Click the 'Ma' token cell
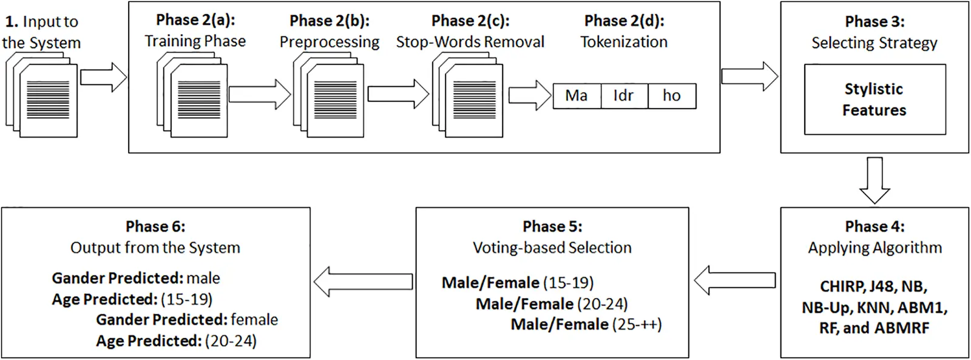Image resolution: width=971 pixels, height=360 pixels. pos(577,96)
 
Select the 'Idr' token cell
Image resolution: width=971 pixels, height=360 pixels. pos(624,96)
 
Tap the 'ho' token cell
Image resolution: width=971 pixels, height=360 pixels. pos(672,96)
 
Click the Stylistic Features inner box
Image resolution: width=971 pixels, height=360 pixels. pos(875,100)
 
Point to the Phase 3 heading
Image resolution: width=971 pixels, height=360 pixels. pos(875,22)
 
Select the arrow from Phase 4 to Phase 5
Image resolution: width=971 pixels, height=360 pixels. pos(735,280)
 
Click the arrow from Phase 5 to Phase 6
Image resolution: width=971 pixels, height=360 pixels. pos(363,282)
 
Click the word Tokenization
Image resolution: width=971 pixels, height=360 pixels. pos(624,42)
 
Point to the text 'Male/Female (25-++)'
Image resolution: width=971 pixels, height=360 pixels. pos(586,325)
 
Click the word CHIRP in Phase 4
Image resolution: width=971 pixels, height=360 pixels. pos(841,287)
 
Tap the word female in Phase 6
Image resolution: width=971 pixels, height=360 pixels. pos(254,320)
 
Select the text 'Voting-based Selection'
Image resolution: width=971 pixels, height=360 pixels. pos(552,248)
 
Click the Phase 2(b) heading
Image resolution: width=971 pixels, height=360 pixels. pos(329,21)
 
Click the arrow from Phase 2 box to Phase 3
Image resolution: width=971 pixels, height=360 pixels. pos(749,76)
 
